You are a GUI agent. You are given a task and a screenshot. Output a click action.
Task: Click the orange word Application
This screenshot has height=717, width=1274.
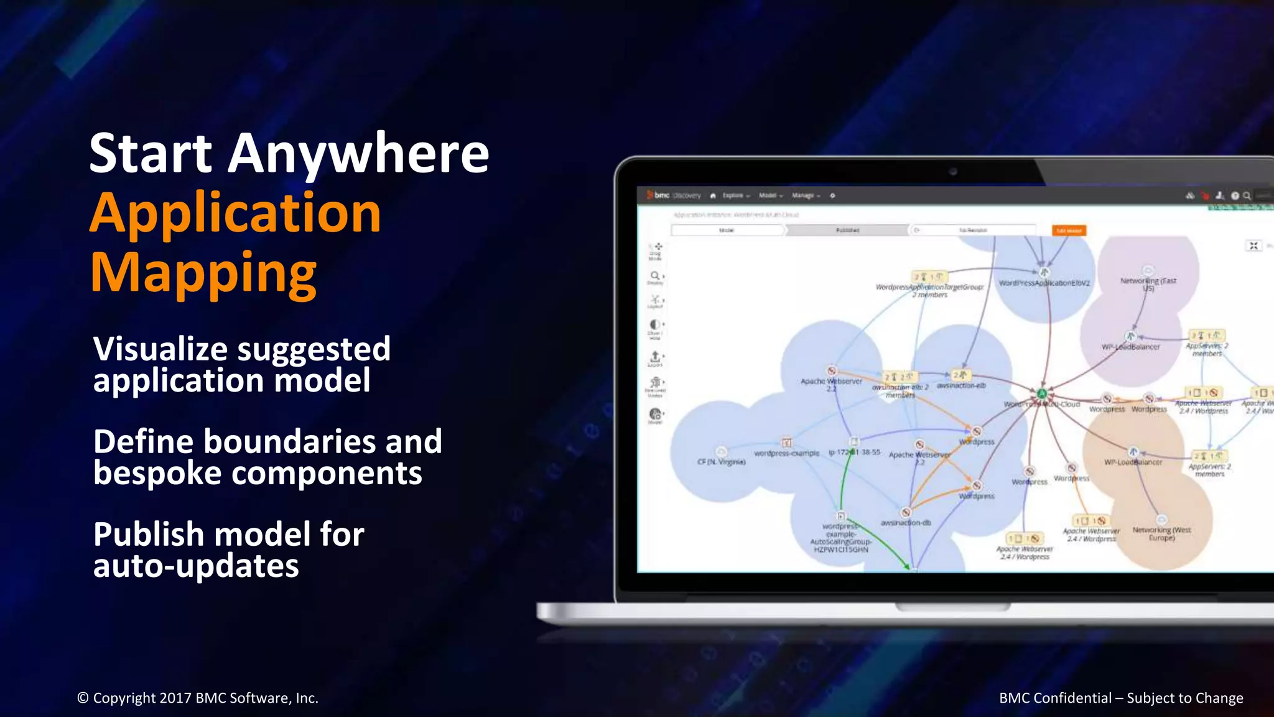point(235,213)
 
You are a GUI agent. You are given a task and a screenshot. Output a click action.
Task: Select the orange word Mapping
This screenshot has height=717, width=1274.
point(203,272)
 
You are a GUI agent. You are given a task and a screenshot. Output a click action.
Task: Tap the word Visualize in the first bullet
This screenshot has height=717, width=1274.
point(160,349)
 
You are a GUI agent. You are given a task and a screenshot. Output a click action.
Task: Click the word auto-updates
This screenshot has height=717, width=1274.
point(196,566)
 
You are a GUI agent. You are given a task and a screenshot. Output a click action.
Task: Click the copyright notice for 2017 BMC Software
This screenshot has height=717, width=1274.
point(197,698)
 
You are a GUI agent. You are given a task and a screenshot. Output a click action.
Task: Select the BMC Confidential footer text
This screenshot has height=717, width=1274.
point(1120,698)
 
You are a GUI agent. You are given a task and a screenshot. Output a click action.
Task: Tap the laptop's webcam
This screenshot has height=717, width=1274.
point(953,172)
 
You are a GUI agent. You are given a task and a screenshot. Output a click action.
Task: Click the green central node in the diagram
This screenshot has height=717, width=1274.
point(1042,393)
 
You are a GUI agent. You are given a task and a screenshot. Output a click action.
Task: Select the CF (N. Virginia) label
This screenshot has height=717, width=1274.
point(721,462)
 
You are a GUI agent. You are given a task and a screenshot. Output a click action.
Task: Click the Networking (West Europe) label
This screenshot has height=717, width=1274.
point(1161,533)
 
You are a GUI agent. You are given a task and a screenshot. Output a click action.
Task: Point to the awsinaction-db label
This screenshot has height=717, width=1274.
point(906,523)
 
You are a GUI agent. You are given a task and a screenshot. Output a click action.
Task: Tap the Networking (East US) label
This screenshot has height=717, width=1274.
point(1148,284)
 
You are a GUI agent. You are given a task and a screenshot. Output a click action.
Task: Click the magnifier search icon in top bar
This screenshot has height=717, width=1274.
point(1247,195)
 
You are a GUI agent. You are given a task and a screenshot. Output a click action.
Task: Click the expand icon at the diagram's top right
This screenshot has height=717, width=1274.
point(1253,246)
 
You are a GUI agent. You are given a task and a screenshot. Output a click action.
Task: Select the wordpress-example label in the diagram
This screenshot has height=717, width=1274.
point(786,453)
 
